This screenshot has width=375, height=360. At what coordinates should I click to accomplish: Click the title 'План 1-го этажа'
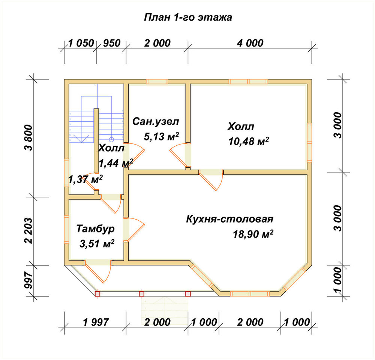[188, 18]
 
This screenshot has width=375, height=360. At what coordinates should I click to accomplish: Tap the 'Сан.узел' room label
[156, 122]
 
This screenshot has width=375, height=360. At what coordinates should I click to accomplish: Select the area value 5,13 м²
[161, 136]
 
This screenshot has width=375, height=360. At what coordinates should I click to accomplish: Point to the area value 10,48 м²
[249, 141]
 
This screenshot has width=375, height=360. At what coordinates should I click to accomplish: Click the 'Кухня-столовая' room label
[229, 219]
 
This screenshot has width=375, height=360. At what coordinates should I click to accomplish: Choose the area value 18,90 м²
[253, 234]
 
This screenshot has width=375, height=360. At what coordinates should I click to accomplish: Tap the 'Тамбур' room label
[95, 229]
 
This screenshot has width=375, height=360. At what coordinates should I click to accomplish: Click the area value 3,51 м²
[97, 244]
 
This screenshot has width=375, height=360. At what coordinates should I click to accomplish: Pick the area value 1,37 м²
[85, 179]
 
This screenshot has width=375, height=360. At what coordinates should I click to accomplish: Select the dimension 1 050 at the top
[81, 43]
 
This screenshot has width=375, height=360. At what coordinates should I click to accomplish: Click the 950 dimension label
[112, 43]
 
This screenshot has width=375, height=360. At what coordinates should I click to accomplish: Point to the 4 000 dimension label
[250, 43]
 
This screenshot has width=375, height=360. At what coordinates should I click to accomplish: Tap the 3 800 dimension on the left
[28, 138]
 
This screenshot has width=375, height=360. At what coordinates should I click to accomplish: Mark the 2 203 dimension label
[28, 231]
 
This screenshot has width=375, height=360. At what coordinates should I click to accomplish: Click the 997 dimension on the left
[28, 280]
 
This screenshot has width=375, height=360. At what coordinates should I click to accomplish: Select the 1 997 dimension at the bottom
[96, 322]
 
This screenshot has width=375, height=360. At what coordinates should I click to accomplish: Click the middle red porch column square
[142, 294]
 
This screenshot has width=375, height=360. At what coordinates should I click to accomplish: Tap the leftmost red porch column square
[97, 294]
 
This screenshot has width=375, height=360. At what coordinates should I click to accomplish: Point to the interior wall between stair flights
[96, 140]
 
